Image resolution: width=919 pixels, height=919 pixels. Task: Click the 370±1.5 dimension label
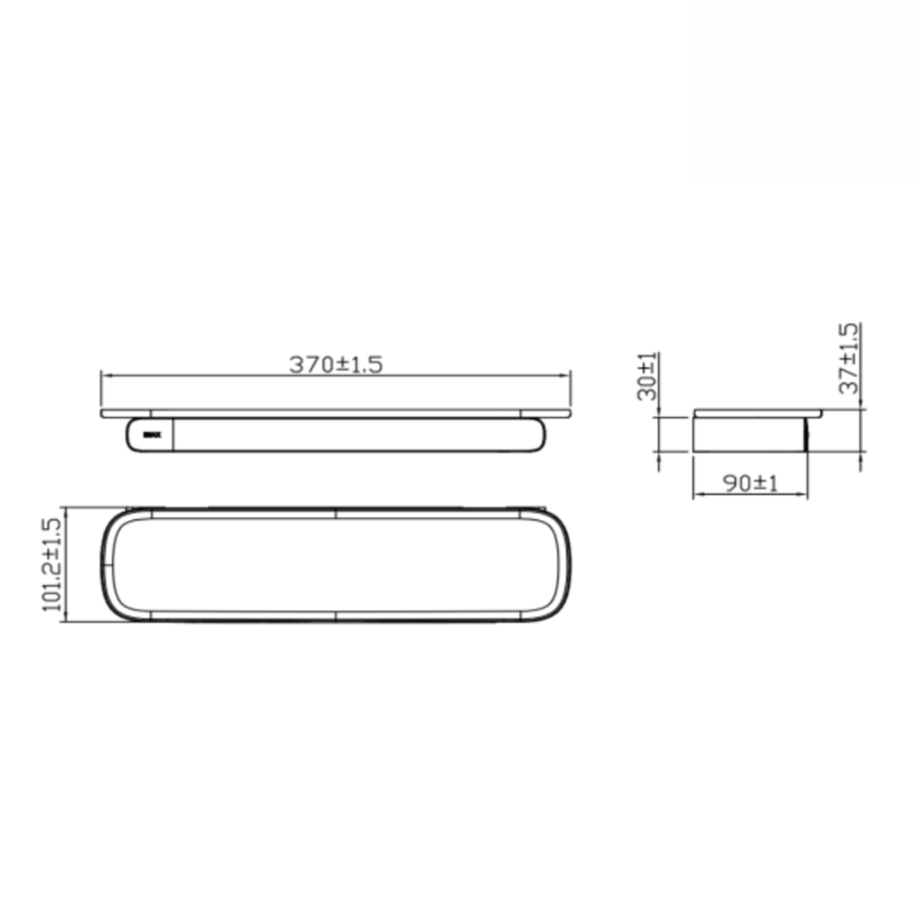tap(335, 364)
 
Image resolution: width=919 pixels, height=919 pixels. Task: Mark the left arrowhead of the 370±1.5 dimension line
tap(106, 376)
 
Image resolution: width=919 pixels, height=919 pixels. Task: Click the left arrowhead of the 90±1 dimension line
tap(697, 495)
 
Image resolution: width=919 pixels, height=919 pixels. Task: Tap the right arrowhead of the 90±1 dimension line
tap(802, 495)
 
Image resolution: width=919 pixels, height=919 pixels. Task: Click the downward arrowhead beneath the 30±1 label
tap(659, 413)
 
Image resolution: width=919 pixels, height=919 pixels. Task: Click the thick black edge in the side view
tap(806, 435)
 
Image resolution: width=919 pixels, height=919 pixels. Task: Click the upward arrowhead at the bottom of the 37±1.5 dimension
tap(860, 457)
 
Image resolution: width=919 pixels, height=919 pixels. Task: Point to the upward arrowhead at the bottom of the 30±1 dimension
tap(659, 457)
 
